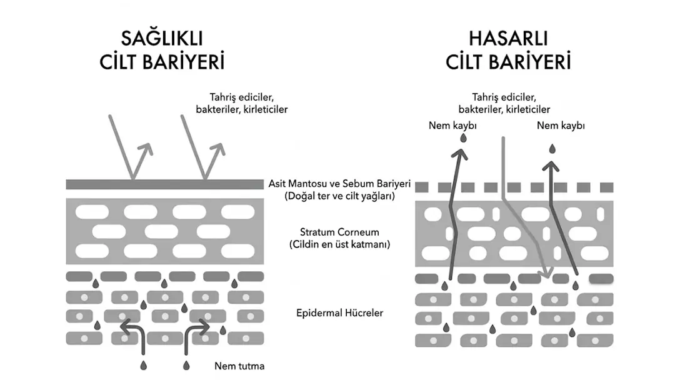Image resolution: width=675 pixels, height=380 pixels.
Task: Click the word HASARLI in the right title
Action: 508,39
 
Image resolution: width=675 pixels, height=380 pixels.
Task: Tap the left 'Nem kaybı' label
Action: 452,126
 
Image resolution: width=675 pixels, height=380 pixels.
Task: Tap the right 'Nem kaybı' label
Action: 561,126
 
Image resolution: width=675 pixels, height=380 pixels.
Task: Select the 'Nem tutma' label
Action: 239,366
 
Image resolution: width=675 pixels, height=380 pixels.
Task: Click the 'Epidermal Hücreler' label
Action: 339,312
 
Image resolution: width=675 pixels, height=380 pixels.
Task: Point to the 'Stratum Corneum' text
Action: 339,232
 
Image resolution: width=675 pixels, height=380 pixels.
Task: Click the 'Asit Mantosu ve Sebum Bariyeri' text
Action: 339,184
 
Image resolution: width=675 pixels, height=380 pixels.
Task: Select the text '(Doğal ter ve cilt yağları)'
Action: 339,196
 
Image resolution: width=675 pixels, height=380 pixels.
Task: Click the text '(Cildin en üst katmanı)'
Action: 339,244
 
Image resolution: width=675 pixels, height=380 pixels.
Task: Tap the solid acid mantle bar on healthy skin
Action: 164,184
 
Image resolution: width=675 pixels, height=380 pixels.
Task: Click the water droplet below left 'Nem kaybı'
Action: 462,140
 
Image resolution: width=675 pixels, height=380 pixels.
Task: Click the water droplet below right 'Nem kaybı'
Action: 552,149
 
